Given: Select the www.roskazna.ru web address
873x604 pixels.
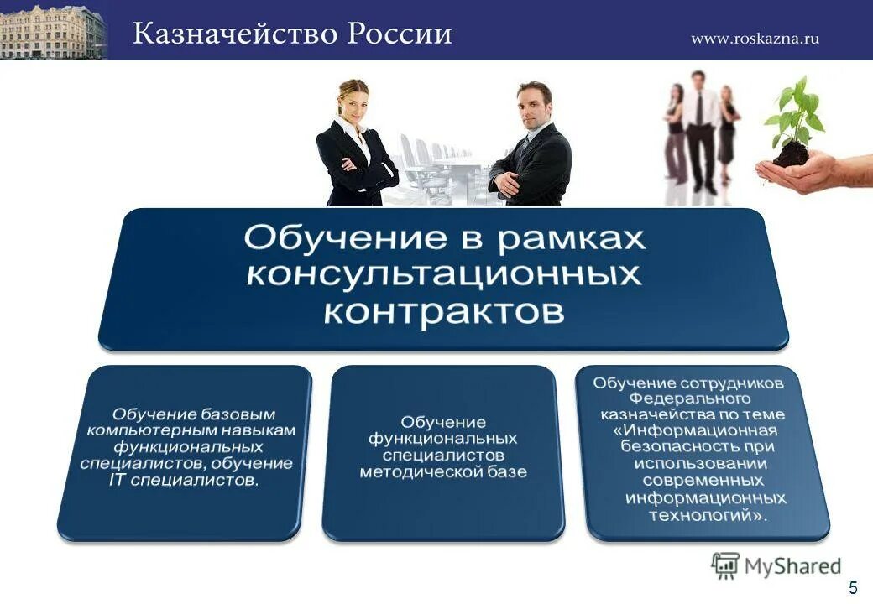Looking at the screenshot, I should (755, 38).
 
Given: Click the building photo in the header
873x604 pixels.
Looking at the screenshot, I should (53, 31).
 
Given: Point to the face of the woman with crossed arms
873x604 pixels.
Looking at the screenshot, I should (353, 100).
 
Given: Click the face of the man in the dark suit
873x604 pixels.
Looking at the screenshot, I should (533, 104).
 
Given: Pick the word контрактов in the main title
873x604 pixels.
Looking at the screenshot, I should (444, 312).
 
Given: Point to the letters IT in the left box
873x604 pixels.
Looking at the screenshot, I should (117, 480).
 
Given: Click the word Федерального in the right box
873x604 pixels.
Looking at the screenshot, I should (689, 398).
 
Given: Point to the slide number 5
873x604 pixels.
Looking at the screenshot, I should (853, 587).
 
